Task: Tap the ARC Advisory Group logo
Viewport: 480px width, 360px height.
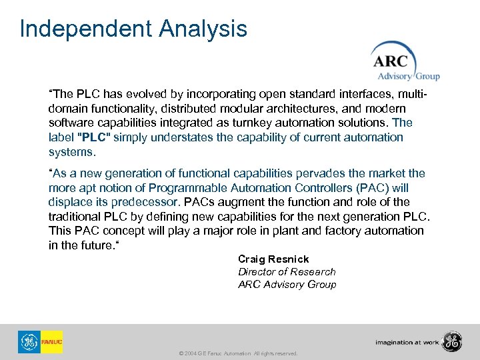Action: coord(404,61)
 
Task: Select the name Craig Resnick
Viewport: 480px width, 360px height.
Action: coord(273,259)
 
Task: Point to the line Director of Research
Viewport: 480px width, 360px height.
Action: coord(287,272)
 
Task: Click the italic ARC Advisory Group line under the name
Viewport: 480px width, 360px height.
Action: coord(287,285)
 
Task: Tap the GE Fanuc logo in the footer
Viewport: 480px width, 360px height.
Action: coord(41,342)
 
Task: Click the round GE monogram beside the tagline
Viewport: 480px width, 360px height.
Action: coord(451,341)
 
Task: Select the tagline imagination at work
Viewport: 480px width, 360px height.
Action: coord(407,343)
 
